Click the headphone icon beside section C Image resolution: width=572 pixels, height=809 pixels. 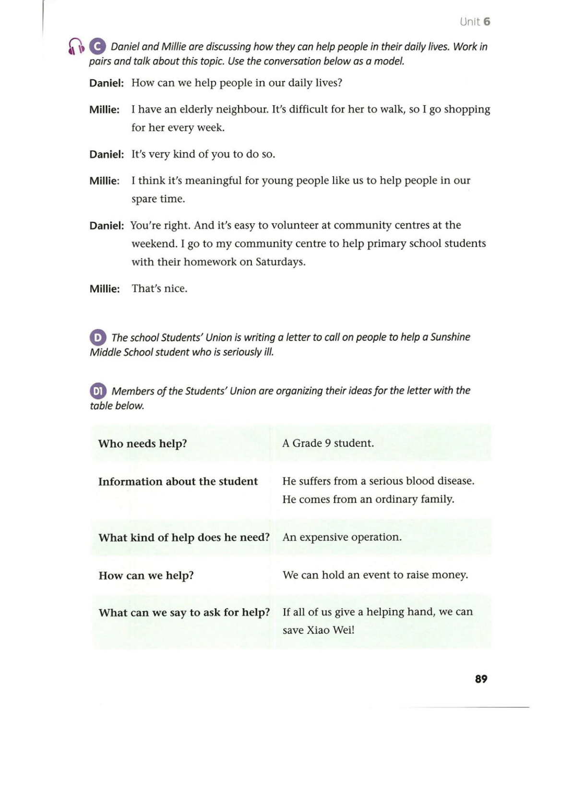(75, 47)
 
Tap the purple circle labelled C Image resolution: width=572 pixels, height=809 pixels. (97, 47)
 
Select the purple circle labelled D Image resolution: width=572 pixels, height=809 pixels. (97, 337)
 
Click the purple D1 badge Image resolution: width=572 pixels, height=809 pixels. (98, 391)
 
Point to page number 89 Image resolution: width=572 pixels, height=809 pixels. (481, 679)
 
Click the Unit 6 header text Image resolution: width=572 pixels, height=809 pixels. (475, 22)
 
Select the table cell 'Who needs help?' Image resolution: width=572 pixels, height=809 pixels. (143, 443)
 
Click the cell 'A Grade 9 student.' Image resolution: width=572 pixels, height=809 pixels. (328, 443)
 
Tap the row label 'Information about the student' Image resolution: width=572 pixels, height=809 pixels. (178, 481)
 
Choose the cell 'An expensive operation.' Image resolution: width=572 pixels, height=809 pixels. (342, 537)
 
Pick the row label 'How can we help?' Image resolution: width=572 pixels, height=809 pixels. (146, 576)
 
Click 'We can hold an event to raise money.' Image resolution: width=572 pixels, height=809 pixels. (375, 575)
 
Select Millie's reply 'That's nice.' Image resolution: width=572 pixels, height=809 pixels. (159, 289)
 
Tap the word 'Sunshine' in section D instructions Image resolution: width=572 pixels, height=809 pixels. (450, 337)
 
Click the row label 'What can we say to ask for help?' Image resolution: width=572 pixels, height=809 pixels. (184, 613)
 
